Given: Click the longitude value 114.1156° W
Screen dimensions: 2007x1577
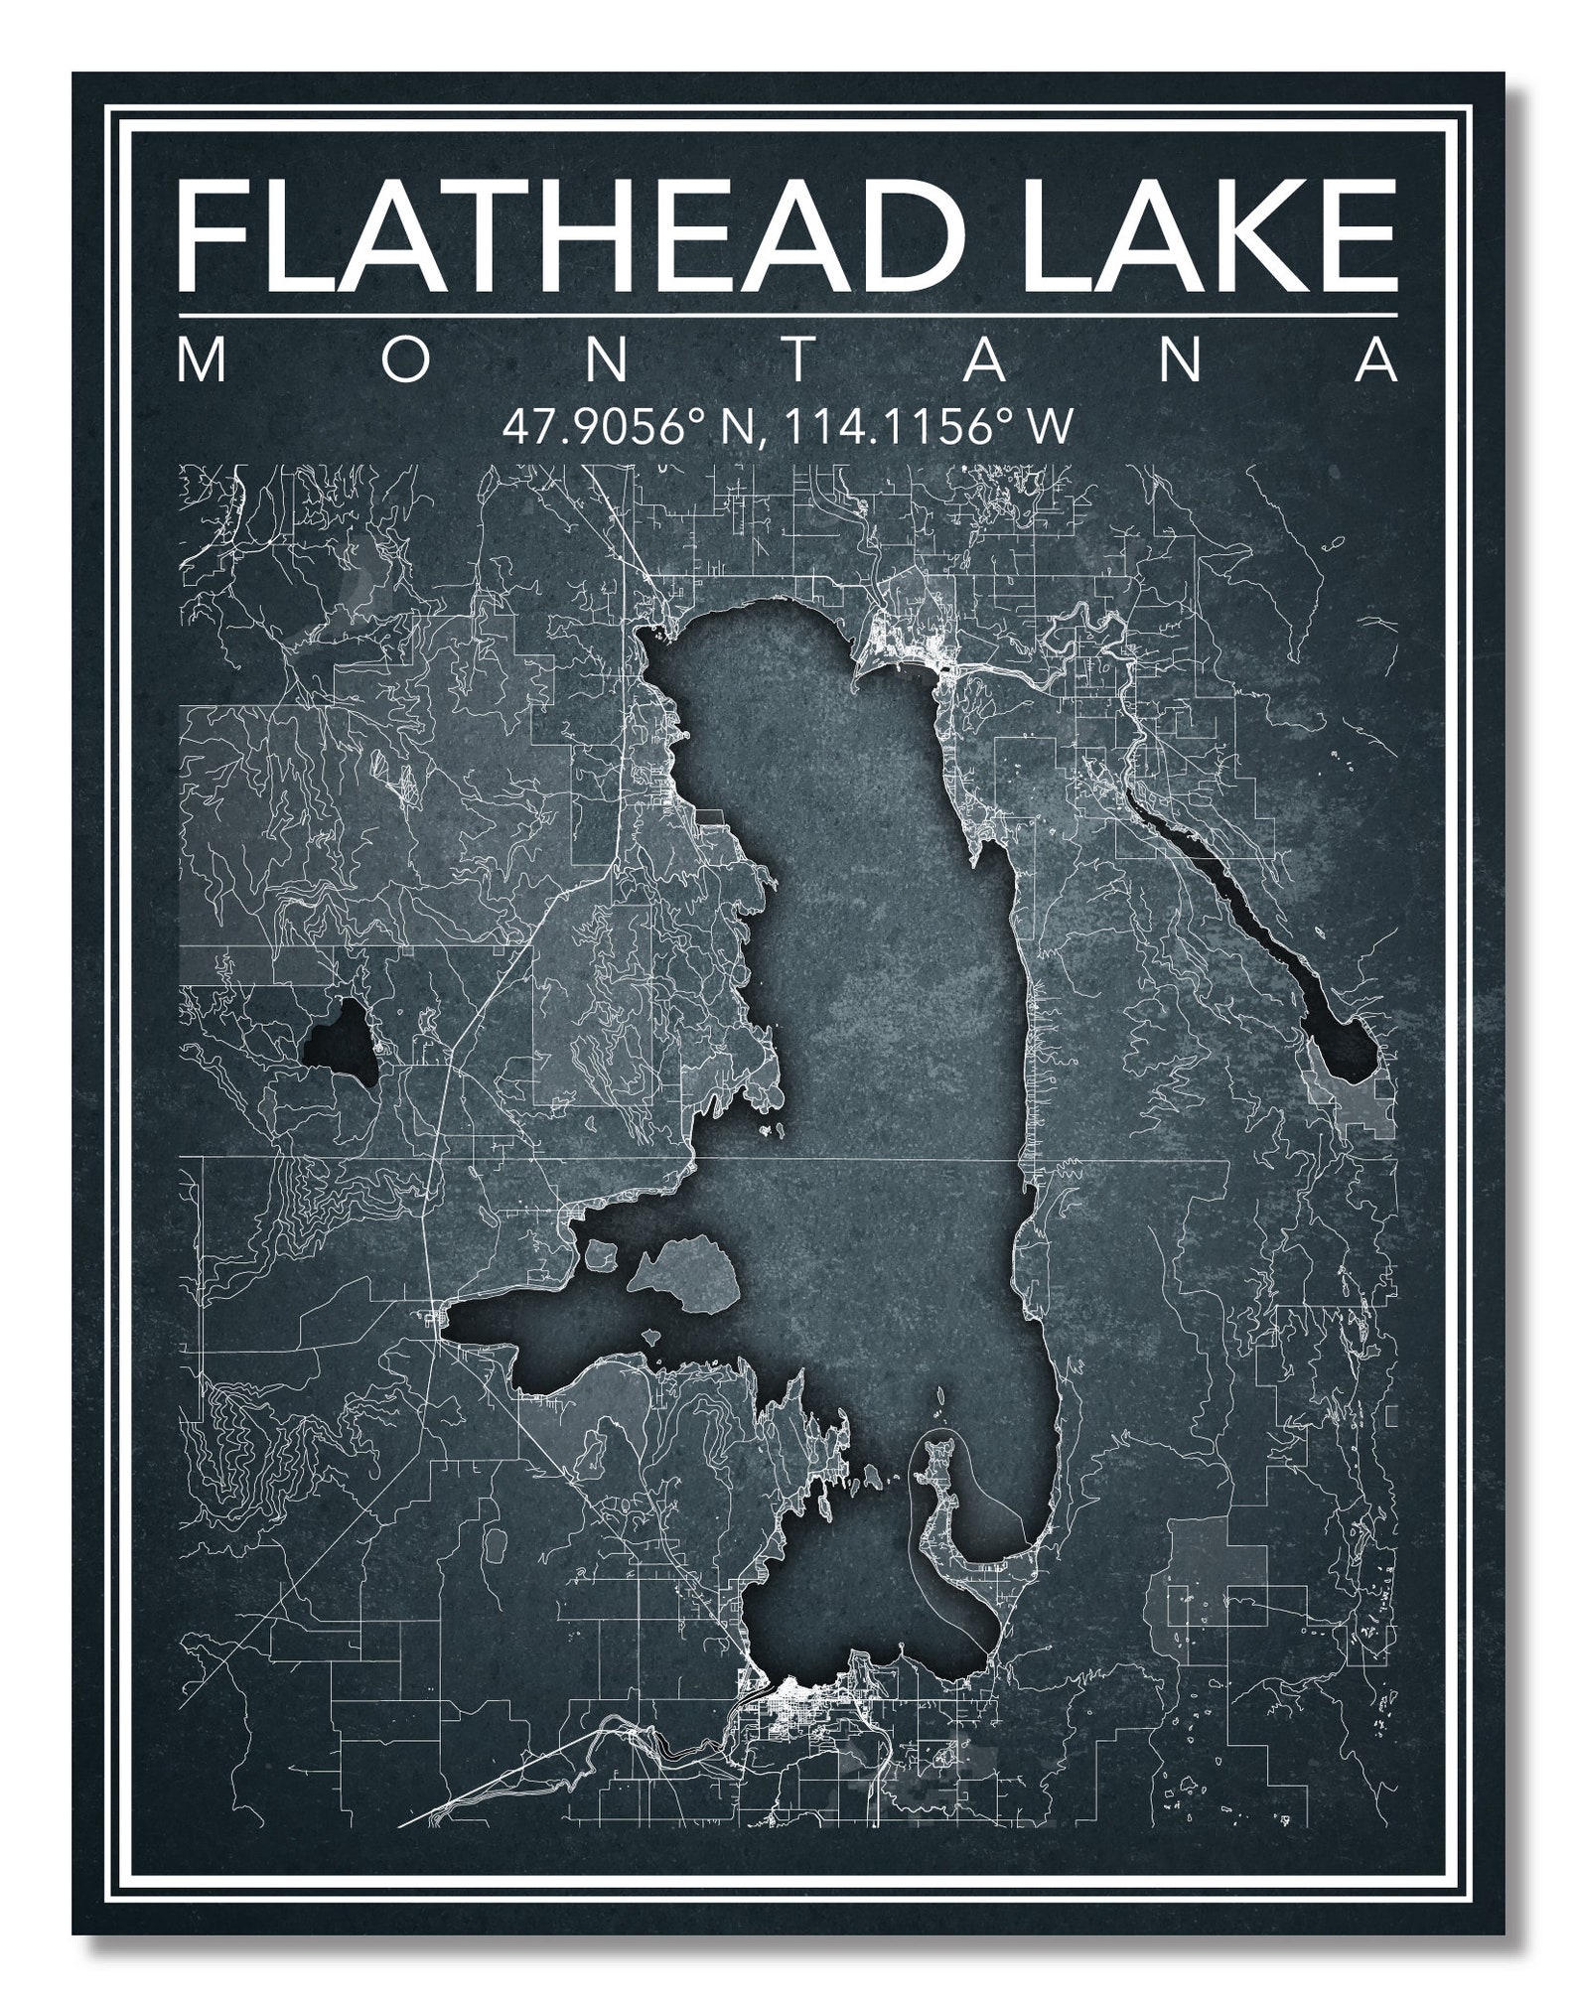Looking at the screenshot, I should (928, 428).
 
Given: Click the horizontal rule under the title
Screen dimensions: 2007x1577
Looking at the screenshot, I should (788, 317).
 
